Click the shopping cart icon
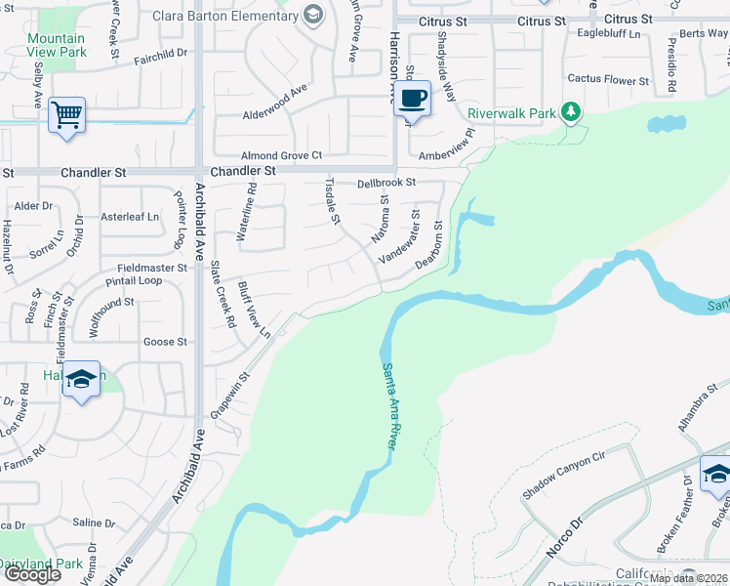tap(66, 114)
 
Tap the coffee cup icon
tap(413, 99)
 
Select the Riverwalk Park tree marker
tap(572, 113)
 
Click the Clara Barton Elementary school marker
tap(312, 15)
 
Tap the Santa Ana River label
tap(390, 406)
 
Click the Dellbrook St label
tap(386, 182)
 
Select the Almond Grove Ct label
tap(282, 155)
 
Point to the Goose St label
tap(165, 342)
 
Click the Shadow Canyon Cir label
tap(564, 476)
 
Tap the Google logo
tap(32, 573)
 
